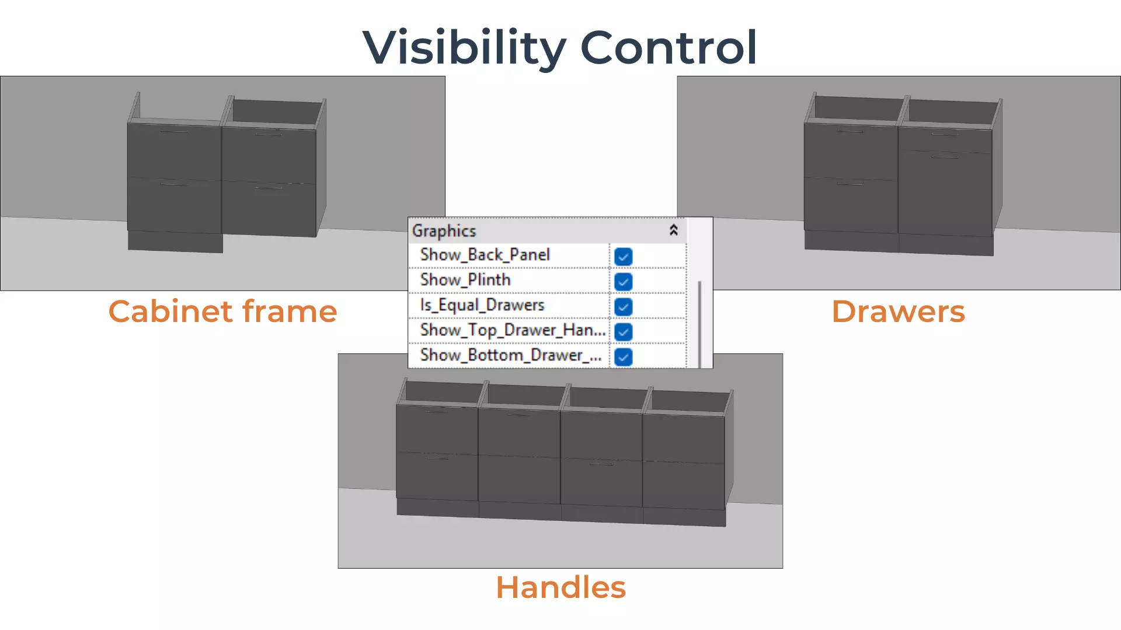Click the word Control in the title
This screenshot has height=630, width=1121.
point(669,48)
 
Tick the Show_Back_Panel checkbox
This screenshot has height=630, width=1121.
point(624,257)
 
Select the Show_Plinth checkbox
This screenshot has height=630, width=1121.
point(624,282)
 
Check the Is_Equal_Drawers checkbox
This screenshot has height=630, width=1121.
point(624,307)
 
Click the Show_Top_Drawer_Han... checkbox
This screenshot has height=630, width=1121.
point(624,332)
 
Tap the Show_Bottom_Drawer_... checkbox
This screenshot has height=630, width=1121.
point(624,357)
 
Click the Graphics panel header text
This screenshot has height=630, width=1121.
point(444,231)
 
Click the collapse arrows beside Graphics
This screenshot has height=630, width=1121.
point(673,230)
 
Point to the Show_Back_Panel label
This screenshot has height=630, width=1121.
point(485,255)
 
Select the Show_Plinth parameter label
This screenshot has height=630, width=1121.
point(465,280)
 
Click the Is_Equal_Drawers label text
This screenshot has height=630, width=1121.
point(482,305)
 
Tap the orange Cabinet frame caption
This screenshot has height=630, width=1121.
point(222,311)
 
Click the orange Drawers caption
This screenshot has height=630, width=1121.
point(898,311)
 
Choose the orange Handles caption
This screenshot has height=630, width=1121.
point(560,587)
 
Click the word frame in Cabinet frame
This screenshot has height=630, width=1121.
point(290,311)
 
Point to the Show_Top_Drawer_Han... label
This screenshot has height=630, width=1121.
point(513,330)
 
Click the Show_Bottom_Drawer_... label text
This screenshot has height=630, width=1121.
point(511,355)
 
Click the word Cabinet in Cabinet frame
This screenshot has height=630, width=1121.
point(170,311)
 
